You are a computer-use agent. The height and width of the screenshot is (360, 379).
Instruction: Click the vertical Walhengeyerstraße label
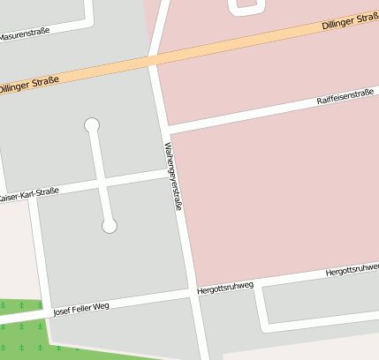173,176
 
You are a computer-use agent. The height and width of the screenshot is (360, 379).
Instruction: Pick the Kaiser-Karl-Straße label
30,193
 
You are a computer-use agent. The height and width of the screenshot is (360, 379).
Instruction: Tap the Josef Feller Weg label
80,308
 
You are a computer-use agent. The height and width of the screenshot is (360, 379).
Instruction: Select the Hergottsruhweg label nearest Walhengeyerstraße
225,287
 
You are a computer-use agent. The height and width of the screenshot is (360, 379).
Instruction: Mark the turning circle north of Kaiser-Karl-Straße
92,125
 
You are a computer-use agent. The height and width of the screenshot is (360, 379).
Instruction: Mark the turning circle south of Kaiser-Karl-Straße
110,227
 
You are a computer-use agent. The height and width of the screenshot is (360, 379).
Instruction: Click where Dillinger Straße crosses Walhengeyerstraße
155,62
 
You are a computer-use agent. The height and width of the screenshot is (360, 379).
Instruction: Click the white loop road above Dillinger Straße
247,9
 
